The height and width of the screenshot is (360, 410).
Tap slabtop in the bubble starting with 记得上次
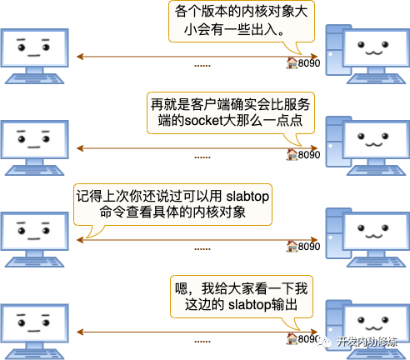point(247,197)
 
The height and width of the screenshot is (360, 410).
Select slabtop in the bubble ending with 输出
point(249,305)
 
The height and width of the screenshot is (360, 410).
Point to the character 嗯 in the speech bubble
point(182,288)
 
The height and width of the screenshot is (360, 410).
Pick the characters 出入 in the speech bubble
point(264,29)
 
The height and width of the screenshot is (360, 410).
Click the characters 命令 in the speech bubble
point(112,212)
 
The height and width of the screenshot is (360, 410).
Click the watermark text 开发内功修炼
point(367,342)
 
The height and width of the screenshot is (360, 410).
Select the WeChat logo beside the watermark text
point(326,342)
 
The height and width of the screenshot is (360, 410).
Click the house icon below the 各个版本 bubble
point(292,63)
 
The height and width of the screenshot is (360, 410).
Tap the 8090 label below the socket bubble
point(309,155)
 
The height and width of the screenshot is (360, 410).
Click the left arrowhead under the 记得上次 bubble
point(80,240)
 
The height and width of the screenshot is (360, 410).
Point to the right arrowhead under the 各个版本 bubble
point(314,57)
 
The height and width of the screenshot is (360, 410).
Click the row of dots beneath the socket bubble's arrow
point(202,157)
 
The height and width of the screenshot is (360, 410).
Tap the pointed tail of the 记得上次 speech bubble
point(87,237)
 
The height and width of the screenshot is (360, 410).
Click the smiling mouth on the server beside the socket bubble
point(373,144)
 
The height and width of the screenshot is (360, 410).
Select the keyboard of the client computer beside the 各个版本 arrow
point(35,78)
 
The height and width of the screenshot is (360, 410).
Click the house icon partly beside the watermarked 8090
point(292,339)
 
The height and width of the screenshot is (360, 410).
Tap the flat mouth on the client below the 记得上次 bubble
point(34,239)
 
